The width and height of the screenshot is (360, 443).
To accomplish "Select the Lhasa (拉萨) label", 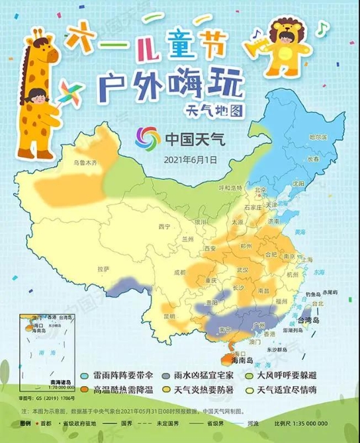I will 103,270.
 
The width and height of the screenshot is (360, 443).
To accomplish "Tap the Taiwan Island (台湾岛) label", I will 310,321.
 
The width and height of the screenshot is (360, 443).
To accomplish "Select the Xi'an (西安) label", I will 211,249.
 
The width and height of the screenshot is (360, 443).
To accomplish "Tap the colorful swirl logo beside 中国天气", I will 148,140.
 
